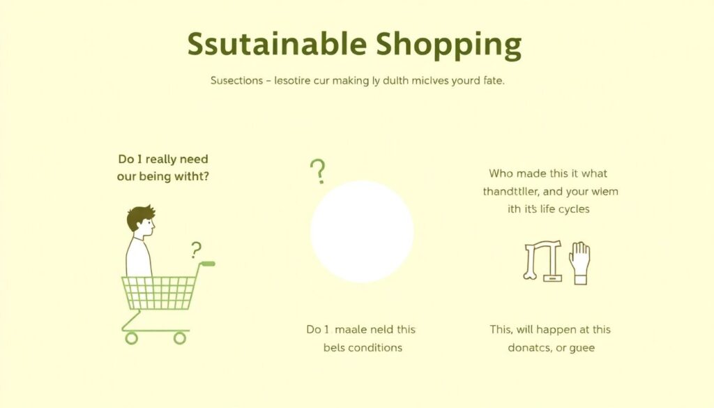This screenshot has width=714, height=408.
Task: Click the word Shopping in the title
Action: [x=449, y=46]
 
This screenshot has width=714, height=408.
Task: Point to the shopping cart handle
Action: [x=207, y=264]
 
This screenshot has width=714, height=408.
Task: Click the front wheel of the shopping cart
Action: [x=131, y=338]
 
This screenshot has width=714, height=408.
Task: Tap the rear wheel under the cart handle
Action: [x=180, y=338]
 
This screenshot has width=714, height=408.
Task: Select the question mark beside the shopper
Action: [x=196, y=250]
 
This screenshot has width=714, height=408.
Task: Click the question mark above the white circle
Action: [x=318, y=171]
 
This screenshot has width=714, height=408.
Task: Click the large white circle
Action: [x=362, y=232]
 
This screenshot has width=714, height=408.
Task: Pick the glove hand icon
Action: [x=579, y=263]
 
